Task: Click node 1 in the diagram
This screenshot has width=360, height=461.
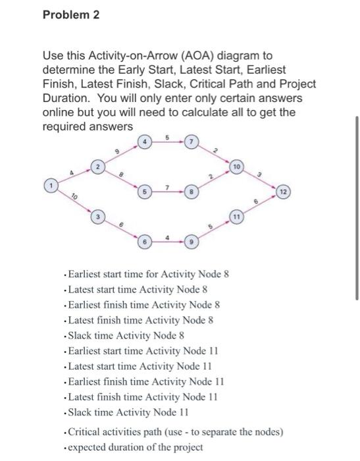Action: pos(47,186)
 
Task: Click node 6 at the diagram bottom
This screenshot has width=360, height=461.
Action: pos(143,243)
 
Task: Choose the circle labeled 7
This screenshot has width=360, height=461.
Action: pos(190,142)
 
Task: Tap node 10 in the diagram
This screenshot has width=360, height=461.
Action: pos(238,167)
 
